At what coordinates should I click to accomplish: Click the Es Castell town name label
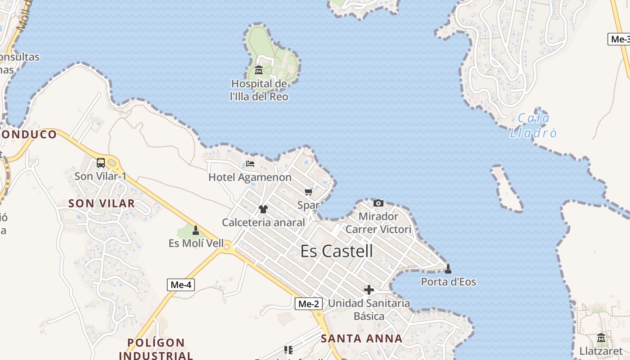(337, 251)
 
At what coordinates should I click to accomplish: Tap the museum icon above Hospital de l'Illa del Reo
(259, 70)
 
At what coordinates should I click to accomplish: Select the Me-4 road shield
(181, 284)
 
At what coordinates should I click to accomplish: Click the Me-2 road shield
(309, 304)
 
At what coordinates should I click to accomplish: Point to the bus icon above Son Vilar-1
(101, 163)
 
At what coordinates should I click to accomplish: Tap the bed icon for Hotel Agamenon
(250, 164)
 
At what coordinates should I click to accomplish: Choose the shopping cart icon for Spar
(309, 193)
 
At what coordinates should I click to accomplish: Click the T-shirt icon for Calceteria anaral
(263, 209)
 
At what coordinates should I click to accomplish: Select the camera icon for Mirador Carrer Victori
(378, 203)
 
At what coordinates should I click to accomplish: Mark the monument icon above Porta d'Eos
(448, 269)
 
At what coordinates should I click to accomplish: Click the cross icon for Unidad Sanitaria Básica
(369, 290)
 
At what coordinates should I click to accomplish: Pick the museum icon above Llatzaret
(601, 337)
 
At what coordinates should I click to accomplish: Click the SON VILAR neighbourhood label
(101, 203)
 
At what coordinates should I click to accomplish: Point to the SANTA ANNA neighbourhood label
(362, 338)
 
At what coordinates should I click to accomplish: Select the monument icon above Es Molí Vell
(196, 230)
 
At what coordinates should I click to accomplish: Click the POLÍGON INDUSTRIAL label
(156, 349)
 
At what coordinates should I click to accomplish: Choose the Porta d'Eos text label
(448, 282)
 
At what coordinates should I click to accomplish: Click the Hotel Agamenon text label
(250, 177)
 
